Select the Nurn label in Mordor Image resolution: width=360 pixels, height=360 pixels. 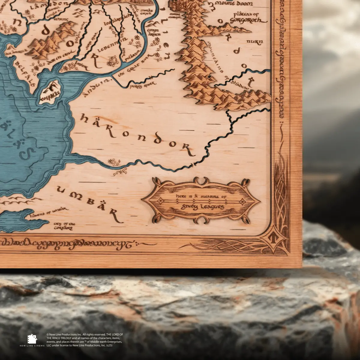pyautogui.click(x=255, y=42)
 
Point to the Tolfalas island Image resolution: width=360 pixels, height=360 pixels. pyautogui.click(x=50, y=91)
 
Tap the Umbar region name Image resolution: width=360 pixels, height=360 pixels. pyautogui.click(x=90, y=204)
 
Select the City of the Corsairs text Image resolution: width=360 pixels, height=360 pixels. pyautogui.click(x=64, y=226)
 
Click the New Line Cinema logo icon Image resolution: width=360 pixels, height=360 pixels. pyautogui.click(x=32, y=339)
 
